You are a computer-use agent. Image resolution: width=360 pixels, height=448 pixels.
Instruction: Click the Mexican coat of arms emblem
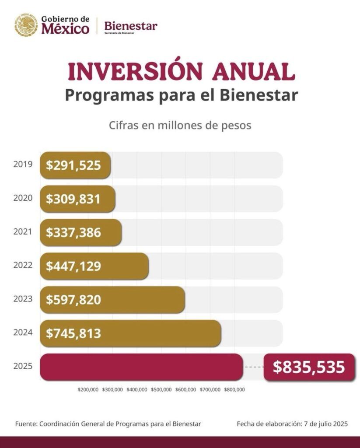pyautogui.click(x=26, y=24)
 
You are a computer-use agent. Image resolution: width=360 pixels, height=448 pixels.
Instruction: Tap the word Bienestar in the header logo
pyautogui.click(x=130, y=26)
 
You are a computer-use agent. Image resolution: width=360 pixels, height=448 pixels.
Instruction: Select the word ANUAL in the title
pyautogui.click(x=253, y=72)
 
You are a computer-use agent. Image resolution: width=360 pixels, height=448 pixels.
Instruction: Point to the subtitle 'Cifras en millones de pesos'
pyautogui.click(x=180, y=125)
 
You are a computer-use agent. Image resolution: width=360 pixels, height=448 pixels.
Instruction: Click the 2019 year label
pyautogui.click(x=23, y=164)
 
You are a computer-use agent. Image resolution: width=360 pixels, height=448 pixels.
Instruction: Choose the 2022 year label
pyautogui.click(x=23, y=265)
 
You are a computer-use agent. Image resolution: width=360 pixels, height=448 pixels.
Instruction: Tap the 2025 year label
pyautogui.click(x=23, y=366)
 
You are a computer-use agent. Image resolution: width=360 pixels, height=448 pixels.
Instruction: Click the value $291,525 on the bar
pyautogui.click(x=73, y=165)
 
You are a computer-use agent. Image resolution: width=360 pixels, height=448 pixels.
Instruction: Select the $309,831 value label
pyautogui.click(x=73, y=199)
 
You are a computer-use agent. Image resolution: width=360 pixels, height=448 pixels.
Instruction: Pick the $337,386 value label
pyautogui.click(x=73, y=233)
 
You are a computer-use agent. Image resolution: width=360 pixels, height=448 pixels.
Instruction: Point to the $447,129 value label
pyautogui.click(x=73, y=266)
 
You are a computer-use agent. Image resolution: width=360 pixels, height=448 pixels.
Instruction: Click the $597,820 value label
pyautogui.click(x=73, y=300)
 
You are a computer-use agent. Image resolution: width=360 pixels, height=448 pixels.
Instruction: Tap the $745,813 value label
pyautogui.click(x=73, y=333)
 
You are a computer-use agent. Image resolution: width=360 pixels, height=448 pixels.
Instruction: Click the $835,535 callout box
pyautogui.click(x=309, y=367)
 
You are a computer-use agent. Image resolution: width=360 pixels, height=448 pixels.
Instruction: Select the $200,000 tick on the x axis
pyautogui.click(x=88, y=389)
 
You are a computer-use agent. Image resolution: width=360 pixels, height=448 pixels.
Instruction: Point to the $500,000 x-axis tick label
pyautogui.click(x=161, y=389)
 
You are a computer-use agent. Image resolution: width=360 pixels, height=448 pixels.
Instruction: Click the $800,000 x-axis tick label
pyautogui.click(x=234, y=389)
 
